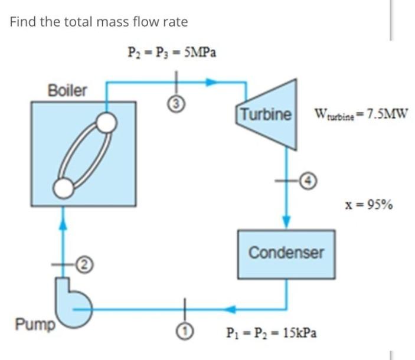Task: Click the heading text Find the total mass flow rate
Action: (99, 22)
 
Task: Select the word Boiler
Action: (67, 90)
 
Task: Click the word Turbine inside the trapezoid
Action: (265, 113)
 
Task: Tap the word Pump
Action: (34, 323)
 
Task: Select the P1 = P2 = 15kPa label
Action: (271, 333)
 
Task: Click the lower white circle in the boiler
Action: (63, 187)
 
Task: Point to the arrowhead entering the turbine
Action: (212, 83)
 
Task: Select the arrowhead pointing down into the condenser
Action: (286, 221)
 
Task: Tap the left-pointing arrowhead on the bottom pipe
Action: (233, 308)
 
